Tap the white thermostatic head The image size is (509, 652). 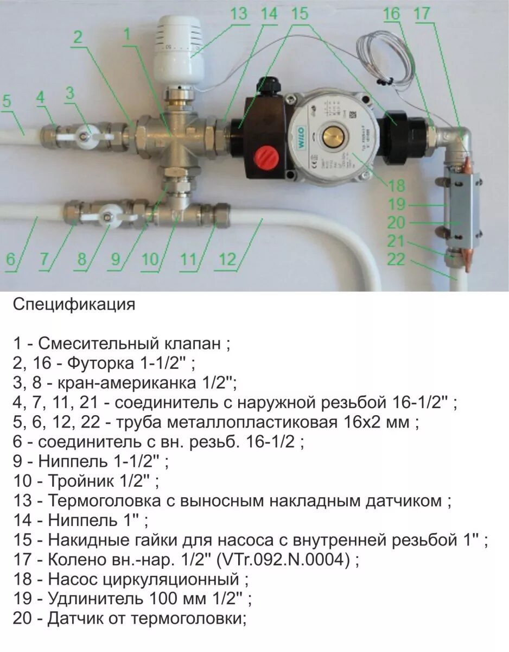177,49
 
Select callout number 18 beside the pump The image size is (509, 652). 397,186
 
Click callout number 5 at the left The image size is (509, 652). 7,101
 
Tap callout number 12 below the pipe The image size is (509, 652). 228,260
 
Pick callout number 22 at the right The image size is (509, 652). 397,260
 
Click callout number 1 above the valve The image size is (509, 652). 127,34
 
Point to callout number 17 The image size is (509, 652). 423,14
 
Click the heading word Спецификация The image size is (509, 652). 74,304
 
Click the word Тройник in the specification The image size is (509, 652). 81,481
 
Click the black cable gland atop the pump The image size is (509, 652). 268,85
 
